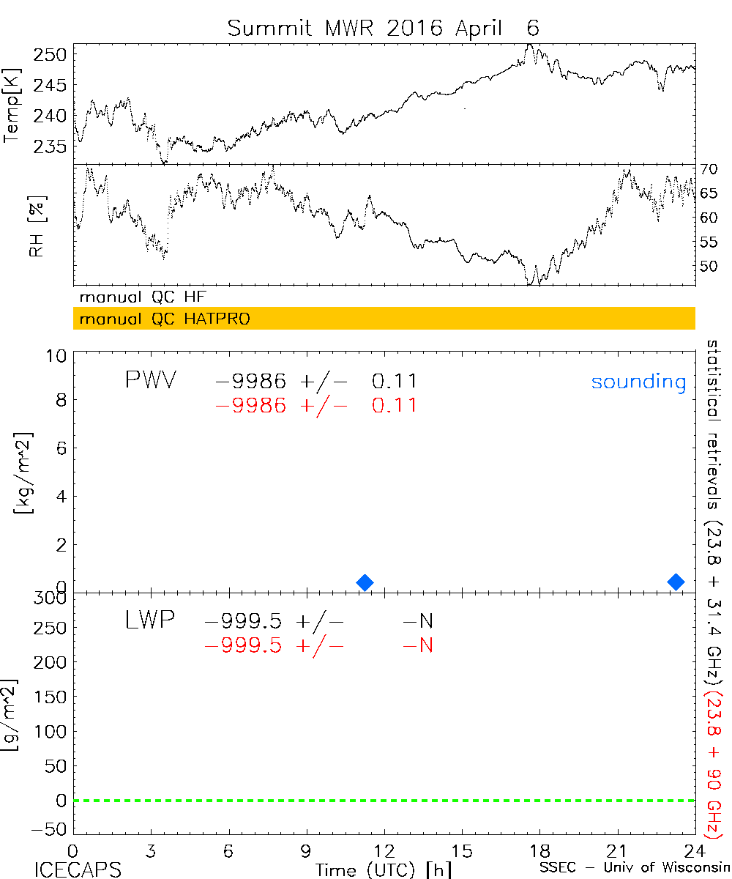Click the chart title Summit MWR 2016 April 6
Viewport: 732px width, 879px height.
click(x=383, y=28)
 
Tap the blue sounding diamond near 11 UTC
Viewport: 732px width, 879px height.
click(x=365, y=582)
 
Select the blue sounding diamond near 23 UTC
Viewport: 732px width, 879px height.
click(x=676, y=582)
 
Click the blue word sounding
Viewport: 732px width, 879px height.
click(x=638, y=382)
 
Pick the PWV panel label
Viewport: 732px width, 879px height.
click(x=150, y=380)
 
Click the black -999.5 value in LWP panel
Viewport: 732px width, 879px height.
click(x=243, y=622)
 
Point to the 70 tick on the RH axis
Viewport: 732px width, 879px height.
click(x=708, y=169)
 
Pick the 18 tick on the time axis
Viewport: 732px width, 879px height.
click(x=539, y=850)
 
